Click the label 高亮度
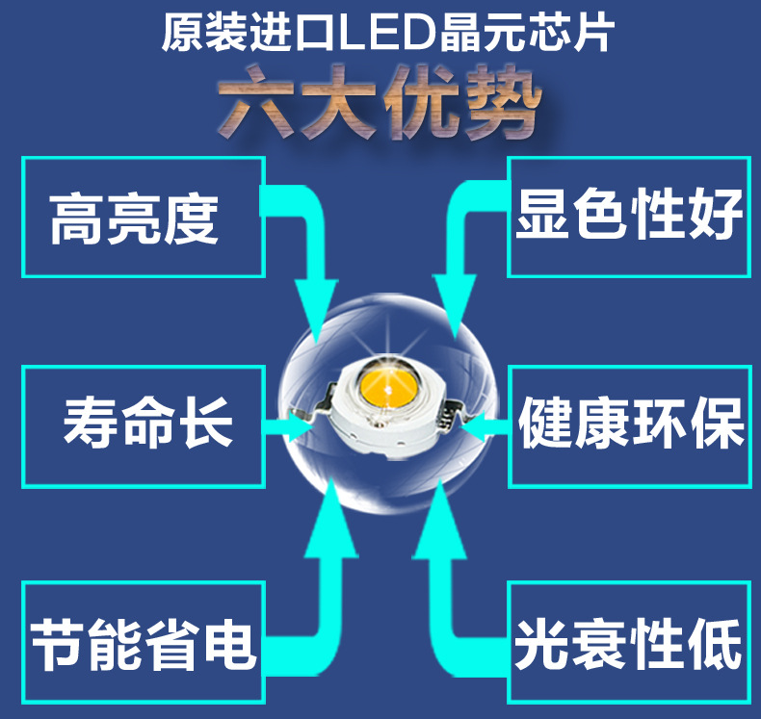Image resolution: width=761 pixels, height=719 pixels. pyautogui.click(x=135, y=218)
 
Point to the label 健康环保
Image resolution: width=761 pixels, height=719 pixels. pyautogui.click(x=631, y=424)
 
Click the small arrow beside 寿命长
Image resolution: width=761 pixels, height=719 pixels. pyautogui.click(x=293, y=424)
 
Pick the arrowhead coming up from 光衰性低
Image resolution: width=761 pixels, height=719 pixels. pyautogui.click(x=439, y=520)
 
